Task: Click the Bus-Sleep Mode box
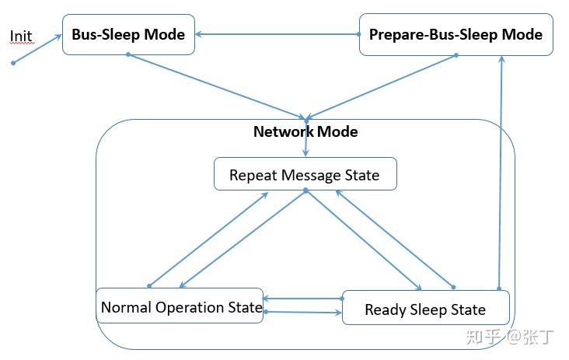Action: click(x=128, y=34)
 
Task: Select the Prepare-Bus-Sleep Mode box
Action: click(x=456, y=34)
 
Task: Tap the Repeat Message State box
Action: click(x=305, y=174)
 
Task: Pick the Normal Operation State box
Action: click(x=180, y=307)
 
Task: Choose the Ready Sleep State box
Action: click(x=425, y=309)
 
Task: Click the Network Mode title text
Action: click(x=305, y=131)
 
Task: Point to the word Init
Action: click(x=21, y=37)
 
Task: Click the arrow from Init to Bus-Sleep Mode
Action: click(x=37, y=48)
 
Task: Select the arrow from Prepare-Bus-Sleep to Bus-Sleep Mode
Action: click(x=277, y=34)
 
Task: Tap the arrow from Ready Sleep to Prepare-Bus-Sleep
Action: click(x=500, y=171)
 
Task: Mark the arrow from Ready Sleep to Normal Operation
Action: click(x=302, y=298)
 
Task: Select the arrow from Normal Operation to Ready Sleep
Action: click(x=303, y=313)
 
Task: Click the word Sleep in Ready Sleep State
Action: click(x=425, y=309)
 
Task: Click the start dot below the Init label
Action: click(x=13, y=62)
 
